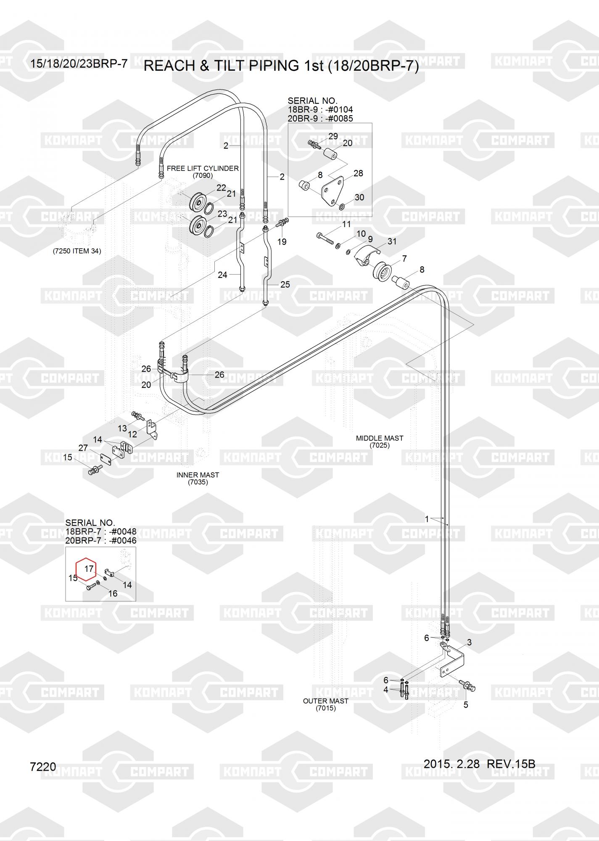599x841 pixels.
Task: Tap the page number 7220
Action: tap(43, 767)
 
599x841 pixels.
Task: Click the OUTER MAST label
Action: tap(326, 701)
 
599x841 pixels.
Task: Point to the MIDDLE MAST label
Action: tap(379, 438)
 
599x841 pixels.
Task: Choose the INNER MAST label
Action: tap(198, 475)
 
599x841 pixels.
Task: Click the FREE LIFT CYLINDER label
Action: tap(203, 168)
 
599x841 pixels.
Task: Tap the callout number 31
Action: tap(392, 241)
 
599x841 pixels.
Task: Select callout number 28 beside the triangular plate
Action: tap(358, 173)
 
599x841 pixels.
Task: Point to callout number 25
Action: tap(285, 285)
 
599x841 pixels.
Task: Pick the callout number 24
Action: tap(222, 275)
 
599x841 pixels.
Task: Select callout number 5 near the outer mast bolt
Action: tap(465, 704)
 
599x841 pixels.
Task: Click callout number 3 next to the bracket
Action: tap(469, 642)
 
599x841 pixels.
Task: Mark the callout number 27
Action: tap(83, 448)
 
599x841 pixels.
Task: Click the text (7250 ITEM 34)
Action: tap(77, 251)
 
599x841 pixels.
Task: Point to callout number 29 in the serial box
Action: tap(333, 136)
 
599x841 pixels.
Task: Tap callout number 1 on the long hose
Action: tap(427, 519)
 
